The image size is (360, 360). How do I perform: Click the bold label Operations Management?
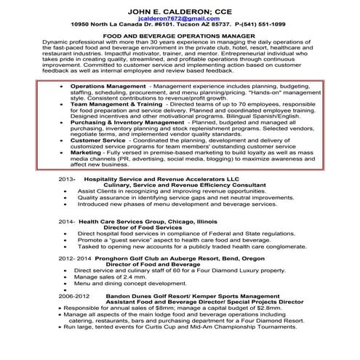108,85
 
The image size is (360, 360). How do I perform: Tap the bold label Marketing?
86,153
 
